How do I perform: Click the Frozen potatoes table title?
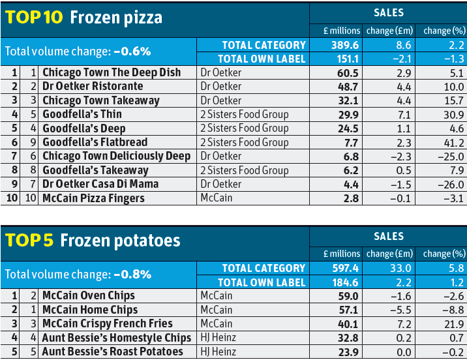pos(93,241)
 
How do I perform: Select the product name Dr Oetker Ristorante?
pos(93,86)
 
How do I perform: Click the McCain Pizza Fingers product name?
pos(93,198)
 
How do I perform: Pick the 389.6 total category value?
pos(343,45)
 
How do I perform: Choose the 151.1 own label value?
pos(344,59)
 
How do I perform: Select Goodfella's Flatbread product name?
pos(95,142)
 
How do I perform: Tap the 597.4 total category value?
pos(343,269)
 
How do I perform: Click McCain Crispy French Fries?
pos(108,324)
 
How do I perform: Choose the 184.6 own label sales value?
pos(344,282)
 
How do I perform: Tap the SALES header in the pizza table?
pos(389,12)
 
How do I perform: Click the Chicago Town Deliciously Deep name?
pos(116,156)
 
